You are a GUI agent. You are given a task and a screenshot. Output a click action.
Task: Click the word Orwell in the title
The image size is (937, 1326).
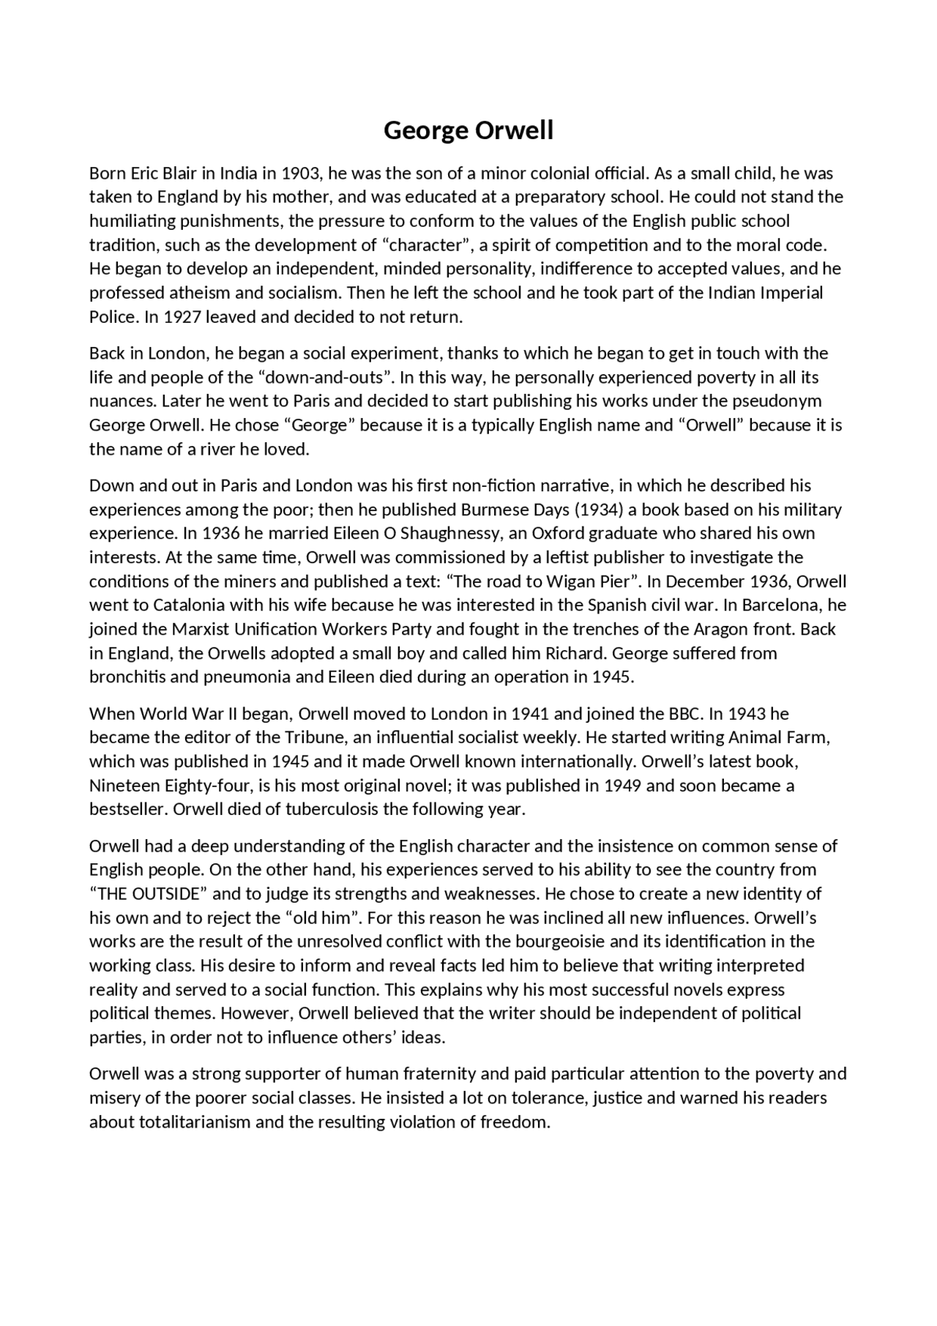pyautogui.click(x=514, y=130)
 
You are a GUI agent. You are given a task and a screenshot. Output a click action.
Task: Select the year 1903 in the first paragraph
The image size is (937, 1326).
pyautogui.click(x=301, y=174)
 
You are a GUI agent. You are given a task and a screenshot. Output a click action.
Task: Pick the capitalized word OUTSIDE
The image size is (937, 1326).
pyautogui.click(x=165, y=894)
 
